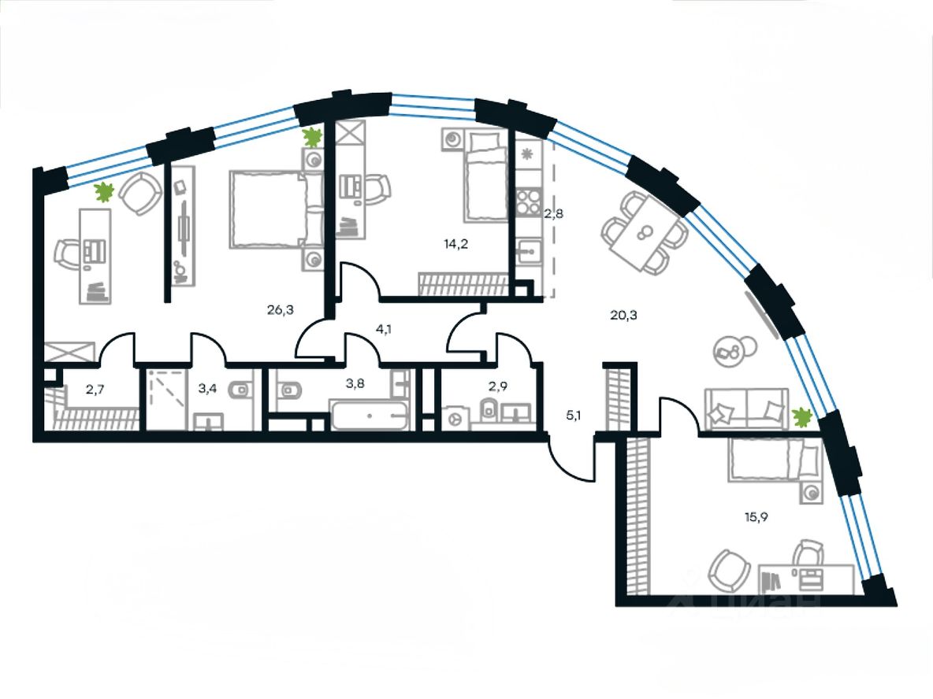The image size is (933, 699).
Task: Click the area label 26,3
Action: (x=280, y=309)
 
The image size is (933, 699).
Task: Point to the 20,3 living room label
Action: (x=623, y=316)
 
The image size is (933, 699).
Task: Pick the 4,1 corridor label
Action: (x=385, y=330)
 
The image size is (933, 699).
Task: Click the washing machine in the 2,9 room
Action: (x=455, y=417)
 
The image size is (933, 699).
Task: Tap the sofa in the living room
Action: (x=745, y=409)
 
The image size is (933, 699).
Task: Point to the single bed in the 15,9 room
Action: (x=771, y=459)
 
